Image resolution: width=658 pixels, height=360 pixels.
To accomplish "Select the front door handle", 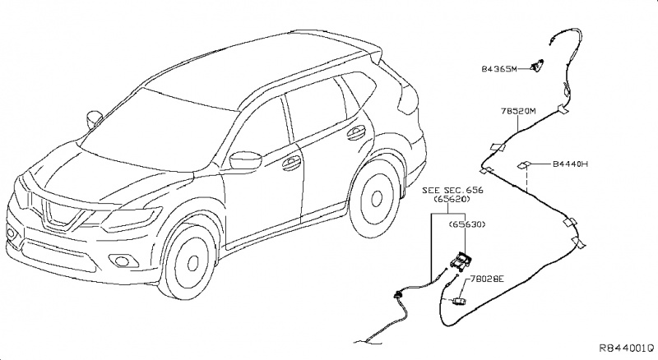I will pos(291,164).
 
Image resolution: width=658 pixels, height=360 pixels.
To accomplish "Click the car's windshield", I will pos(165,118).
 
